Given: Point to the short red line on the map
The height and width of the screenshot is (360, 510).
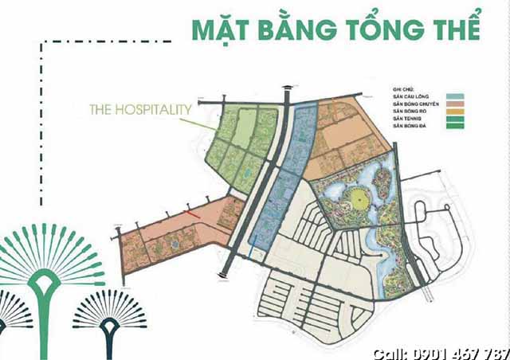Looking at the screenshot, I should [x=188, y=213].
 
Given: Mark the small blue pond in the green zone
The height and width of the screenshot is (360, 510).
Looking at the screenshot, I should [x=247, y=172].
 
